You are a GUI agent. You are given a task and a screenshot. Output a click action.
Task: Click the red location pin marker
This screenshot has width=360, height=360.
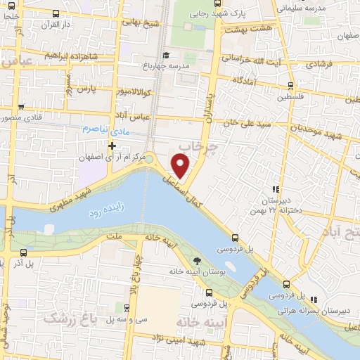coord(181,166)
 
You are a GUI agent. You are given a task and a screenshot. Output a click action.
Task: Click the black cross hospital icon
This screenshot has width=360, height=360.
coord(112,145)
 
